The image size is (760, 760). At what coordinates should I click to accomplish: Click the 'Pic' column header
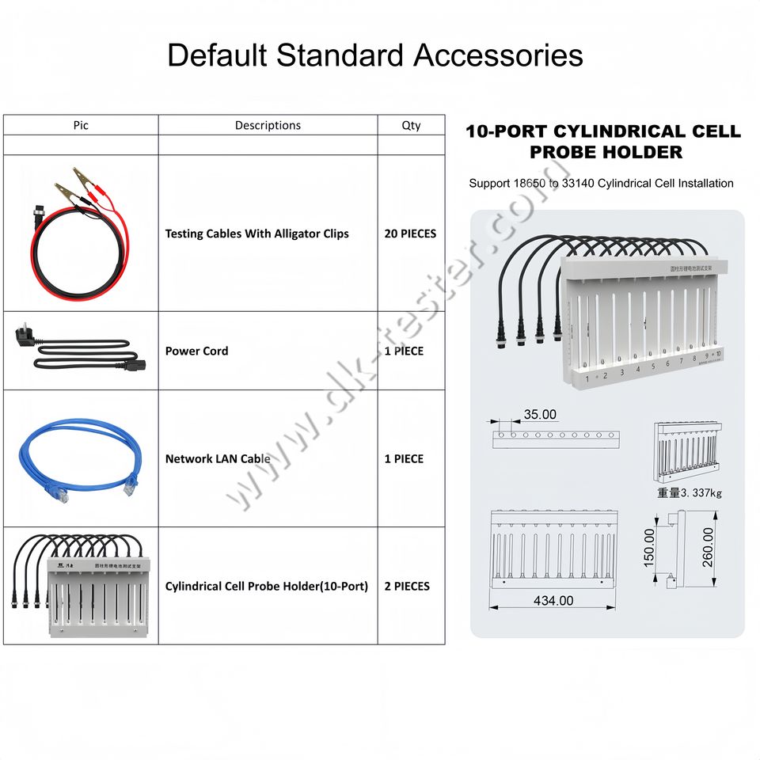81,125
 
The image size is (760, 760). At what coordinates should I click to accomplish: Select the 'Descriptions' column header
268,125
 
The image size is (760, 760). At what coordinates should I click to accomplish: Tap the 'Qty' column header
411,125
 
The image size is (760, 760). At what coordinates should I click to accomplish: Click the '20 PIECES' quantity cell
410,234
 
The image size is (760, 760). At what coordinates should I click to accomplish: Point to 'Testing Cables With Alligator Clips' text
256,234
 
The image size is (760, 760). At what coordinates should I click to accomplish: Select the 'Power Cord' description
196,351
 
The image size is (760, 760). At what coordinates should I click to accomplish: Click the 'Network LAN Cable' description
218,458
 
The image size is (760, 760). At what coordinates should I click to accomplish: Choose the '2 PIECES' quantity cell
407,586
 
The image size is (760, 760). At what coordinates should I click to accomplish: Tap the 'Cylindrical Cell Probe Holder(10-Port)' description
267,586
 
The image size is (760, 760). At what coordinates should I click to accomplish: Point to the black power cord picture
77,350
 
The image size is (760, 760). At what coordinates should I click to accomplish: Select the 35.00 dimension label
540,414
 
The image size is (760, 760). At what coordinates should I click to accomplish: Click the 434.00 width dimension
553,601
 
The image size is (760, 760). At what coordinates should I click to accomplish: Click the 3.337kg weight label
689,492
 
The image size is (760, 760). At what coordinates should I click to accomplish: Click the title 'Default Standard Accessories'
375,55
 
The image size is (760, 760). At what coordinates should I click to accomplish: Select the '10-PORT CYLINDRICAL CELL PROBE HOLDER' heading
603,141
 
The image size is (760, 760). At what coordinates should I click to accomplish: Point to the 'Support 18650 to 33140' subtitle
601,183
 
